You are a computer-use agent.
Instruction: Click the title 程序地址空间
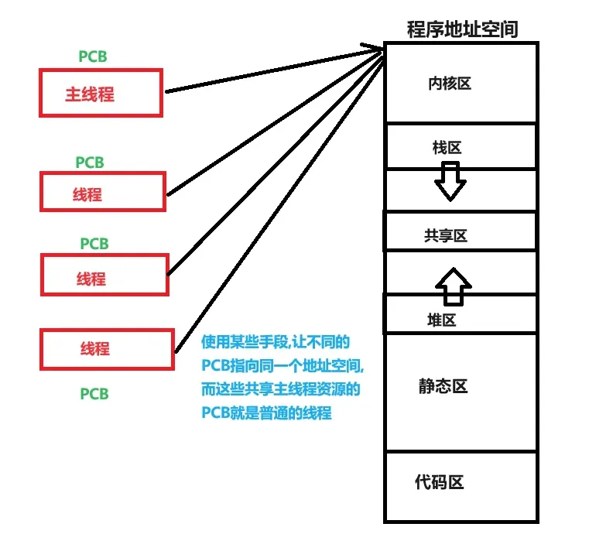coord(462,29)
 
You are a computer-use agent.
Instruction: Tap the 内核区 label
coord(450,84)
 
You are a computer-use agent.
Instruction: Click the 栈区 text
coord(447,148)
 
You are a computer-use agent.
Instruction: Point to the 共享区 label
coord(446,236)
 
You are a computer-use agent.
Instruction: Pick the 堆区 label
coord(442,320)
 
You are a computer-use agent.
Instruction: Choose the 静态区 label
coord(443,386)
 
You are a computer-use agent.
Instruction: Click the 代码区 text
coord(440,482)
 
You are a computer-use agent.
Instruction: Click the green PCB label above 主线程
coord(93,56)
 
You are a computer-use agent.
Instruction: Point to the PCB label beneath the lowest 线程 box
coord(94,394)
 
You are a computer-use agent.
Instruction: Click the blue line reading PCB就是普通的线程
coord(267,413)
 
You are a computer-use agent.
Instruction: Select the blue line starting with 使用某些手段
coord(276,342)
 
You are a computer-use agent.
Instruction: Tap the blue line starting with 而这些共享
coord(281,389)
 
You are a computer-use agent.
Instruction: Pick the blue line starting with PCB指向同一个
coord(283,365)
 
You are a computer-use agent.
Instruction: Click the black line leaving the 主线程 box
coord(274,70)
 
